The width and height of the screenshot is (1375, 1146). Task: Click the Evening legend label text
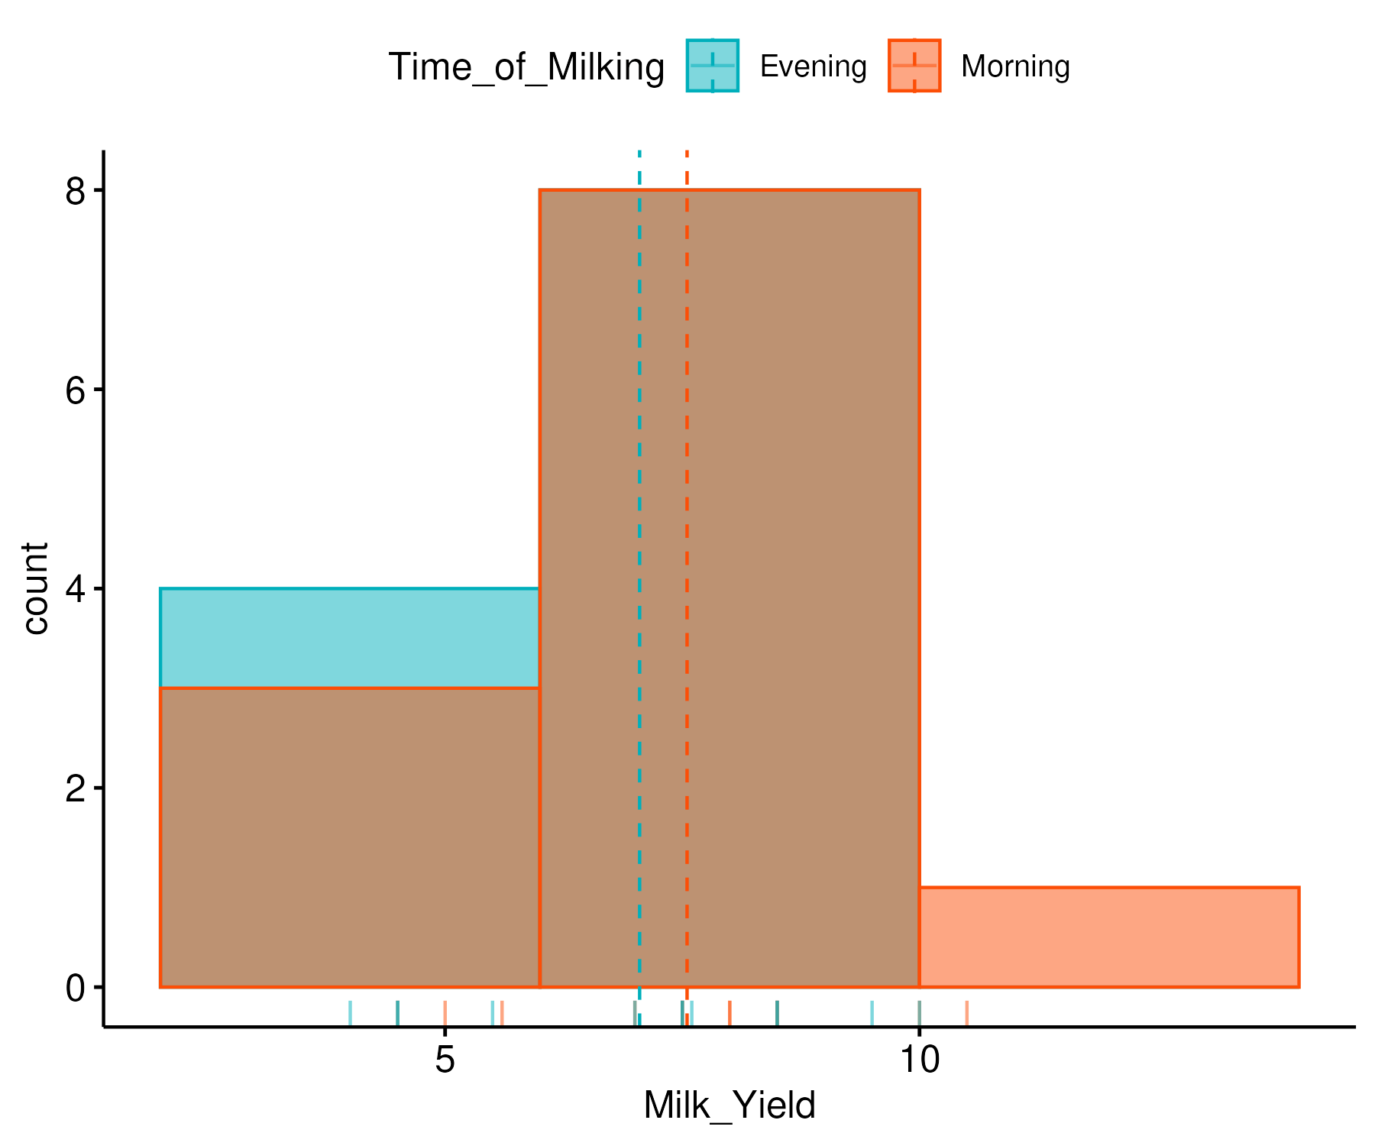click(813, 66)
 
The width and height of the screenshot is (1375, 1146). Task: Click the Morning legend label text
click(1014, 66)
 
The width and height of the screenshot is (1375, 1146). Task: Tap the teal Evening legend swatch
click(712, 66)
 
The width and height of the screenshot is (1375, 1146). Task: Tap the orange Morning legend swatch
click(914, 66)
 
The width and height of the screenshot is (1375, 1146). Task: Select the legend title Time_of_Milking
click(526, 66)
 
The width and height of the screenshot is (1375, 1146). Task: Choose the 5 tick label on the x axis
click(445, 1060)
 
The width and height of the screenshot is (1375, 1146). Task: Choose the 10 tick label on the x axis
click(919, 1060)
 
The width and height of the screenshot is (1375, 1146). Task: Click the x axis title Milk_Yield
click(730, 1106)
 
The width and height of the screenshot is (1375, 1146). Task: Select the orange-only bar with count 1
click(1108, 937)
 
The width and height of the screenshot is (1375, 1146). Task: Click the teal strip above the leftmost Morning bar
click(350, 638)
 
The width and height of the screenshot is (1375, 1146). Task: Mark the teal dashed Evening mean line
click(639, 458)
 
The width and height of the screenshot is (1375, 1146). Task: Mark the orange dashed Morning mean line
click(687, 458)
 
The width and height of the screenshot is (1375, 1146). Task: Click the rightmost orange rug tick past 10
click(966, 1013)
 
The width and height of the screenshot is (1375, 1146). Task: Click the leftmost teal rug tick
click(350, 1013)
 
